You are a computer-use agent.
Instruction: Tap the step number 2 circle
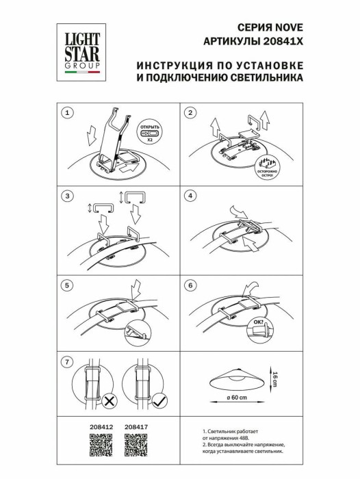click(191, 113)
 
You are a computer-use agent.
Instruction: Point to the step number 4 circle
click(191, 197)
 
